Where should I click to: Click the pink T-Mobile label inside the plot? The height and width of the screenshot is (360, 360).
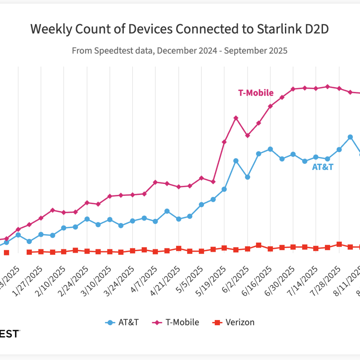(256, 93)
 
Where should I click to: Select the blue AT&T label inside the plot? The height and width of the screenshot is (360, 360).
(322, 167)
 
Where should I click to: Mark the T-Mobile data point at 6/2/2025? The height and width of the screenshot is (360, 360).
(247, 136)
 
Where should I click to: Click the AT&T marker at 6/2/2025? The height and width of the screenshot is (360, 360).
(247, 177)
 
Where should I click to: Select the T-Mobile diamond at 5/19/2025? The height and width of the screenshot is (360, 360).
(224, 142)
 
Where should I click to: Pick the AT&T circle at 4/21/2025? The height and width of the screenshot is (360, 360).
(178, 219)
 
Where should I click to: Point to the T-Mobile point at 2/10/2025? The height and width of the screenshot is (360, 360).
(64, 212)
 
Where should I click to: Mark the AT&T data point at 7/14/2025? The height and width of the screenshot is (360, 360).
(316, 157)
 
